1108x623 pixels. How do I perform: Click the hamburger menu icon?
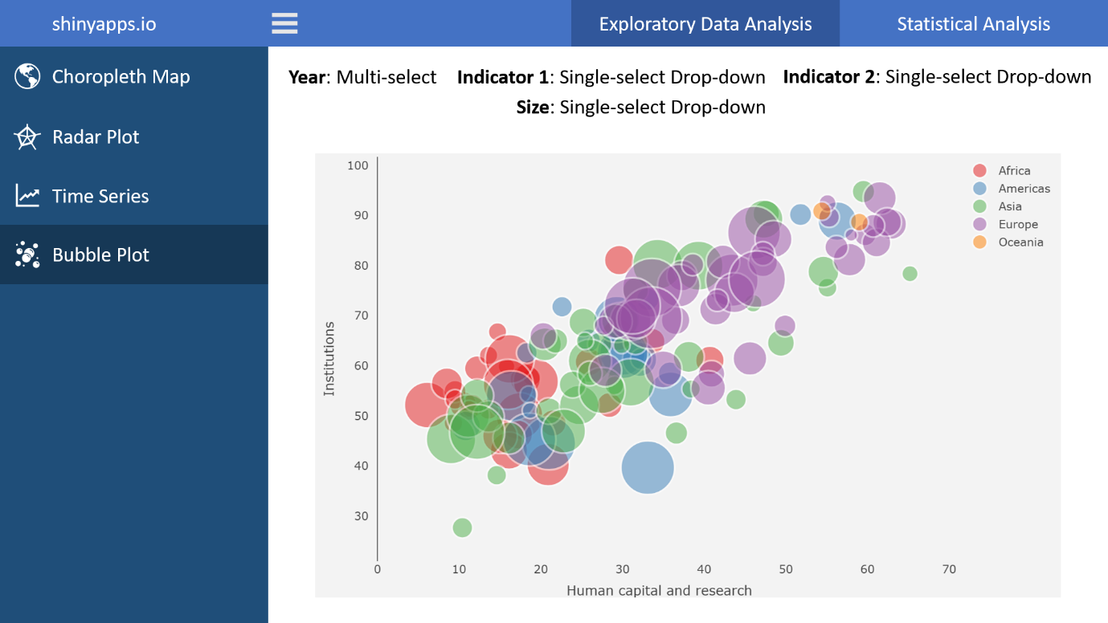284,23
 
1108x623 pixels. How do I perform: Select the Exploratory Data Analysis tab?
705,24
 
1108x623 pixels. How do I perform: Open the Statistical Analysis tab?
973,24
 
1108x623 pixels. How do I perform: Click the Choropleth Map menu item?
121,77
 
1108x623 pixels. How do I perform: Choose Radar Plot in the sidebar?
96,137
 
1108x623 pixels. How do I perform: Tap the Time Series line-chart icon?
27,196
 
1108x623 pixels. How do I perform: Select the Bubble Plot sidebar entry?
100,255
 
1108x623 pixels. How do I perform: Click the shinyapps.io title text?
104,24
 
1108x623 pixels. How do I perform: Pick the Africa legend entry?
1014,171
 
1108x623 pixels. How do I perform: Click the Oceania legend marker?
979,242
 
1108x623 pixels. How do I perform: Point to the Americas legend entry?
1024,189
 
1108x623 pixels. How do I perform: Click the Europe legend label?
1018,225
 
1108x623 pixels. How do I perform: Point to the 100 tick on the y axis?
358,165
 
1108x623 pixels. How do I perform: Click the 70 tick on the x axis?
949,569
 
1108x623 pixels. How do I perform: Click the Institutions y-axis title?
329,359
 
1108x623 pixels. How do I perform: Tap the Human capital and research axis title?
659,591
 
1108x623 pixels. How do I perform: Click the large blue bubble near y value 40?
647,467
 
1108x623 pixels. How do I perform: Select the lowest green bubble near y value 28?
462,527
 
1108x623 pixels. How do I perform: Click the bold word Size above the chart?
533,107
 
